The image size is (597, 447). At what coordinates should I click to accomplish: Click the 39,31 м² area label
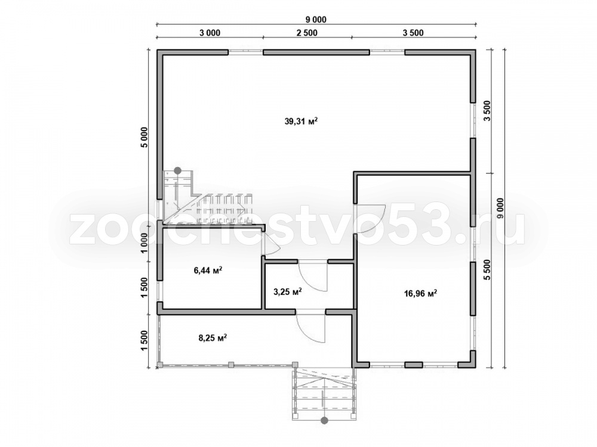pyautogui.click(x=301, y=121)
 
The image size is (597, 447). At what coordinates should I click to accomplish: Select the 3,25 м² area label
pyautogui.click(x=288, y=291)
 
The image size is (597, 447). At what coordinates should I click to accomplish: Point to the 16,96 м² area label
pyautogui.click(x=420, y=293)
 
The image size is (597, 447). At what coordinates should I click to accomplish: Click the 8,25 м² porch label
pyautogui.click(x=213, y=337)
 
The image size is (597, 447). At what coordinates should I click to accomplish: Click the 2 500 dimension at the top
pyautogui.click(x=306, y=33)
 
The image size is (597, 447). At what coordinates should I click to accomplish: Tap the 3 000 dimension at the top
pyautogui.click(x=210, y=33)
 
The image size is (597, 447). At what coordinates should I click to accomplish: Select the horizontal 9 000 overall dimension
pyautogui.click(x=316, y=20)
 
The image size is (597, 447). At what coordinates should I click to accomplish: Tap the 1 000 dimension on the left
pyautogui.click(x=143, y=243)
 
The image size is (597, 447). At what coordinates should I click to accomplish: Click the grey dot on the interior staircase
pyautogui.click(x=177, y=170)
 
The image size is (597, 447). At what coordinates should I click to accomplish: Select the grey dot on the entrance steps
pyautogui.click(x=324, y=420)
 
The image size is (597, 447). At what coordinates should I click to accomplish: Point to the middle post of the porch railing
pyautogui.click(x=230, y=364)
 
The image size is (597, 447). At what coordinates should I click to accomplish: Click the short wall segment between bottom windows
pyautogui.click(x=413, y=365)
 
